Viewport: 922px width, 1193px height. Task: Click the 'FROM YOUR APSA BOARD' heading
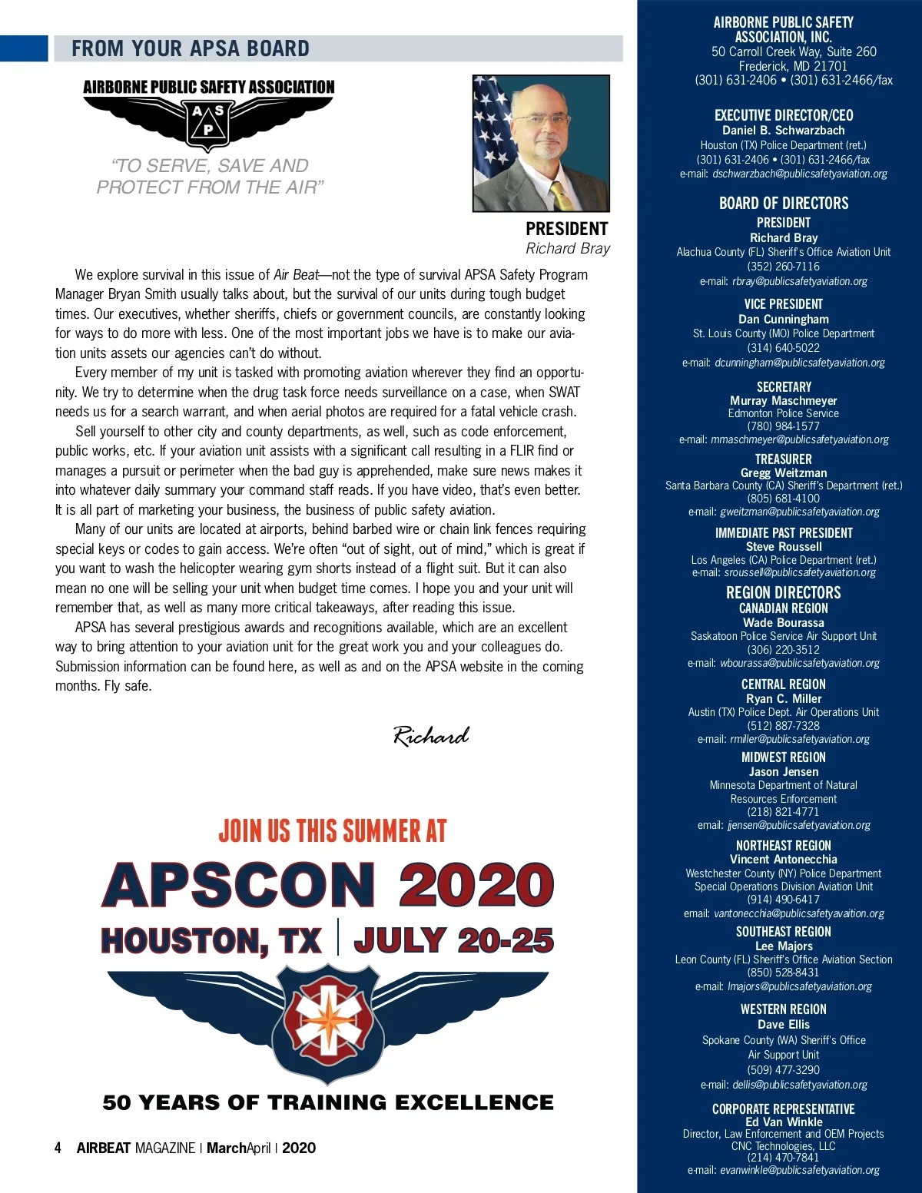(x=191, y=48)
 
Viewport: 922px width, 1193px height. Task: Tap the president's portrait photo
(x=541, y=143)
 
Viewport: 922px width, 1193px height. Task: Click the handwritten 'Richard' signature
(x=431, y=736)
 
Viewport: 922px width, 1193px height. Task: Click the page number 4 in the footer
(x=58, y=1148)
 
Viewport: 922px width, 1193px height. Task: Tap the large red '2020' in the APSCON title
(x=476, y=885)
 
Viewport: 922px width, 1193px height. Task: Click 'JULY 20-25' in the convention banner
(x=453, y=940)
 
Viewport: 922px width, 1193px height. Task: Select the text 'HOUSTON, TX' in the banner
(x=211, y=941)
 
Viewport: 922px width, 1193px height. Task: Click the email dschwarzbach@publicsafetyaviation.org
(x=799, y=174)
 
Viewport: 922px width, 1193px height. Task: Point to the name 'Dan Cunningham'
(x=784, y=319)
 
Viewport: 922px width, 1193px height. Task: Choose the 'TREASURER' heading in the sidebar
(x=784, y=459)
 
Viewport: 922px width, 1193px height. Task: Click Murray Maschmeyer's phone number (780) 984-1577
(x=784, y=426)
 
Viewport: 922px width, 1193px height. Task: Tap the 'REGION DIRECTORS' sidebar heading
(x=784, y=592)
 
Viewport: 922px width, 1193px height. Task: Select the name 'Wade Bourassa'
(x=784, y=622)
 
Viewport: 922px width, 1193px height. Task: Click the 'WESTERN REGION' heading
(x=784, y=1009)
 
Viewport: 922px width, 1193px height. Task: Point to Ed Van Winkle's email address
(x=799, y=1170)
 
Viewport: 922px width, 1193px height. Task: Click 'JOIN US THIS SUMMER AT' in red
(x=332, y=830)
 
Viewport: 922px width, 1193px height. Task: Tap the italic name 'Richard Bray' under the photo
(x=568, y=248)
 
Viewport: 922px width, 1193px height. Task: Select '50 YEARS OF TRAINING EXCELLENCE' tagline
(x=328, y=1102)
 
